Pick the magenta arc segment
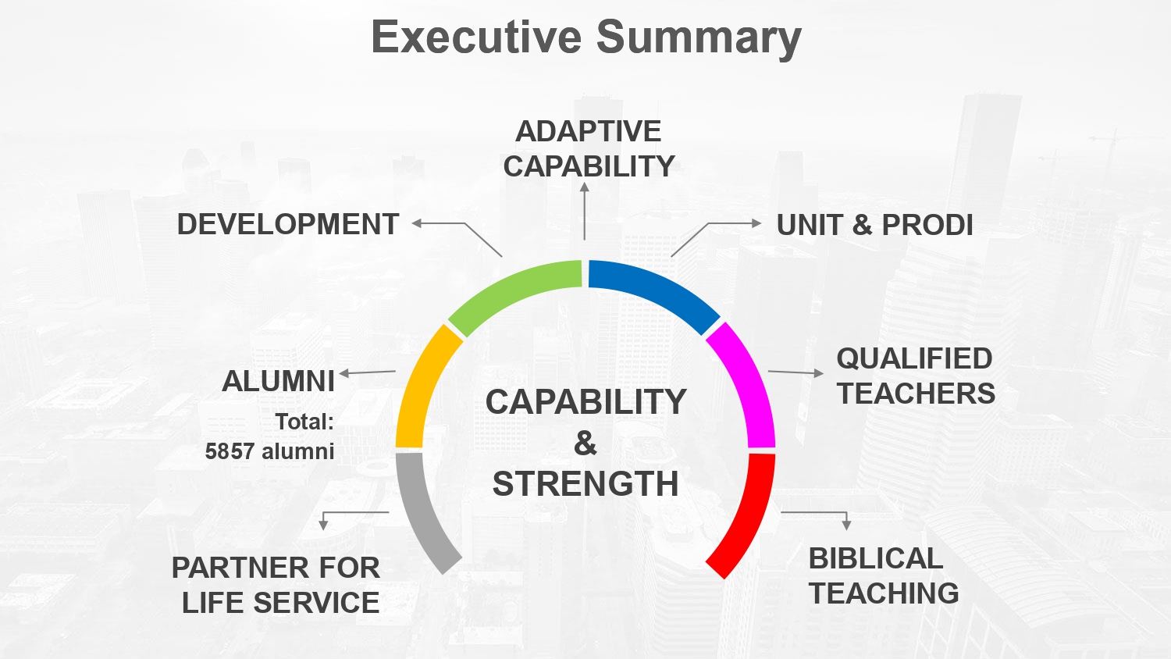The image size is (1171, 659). (x=746, y=385)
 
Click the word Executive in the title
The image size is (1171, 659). (x=476, y=37)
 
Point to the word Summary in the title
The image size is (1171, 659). (x=699, y=39)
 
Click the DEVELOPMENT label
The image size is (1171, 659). (x=288, y=224)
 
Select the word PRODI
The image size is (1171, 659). (x=927, y=225)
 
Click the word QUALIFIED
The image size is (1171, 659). (x=914, y=359)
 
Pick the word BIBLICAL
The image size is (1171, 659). (x=876, y=558)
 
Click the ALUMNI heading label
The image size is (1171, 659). (x=278, y=381)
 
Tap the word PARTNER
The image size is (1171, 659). (x=237, y=568)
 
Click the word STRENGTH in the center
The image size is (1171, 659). (x=585, y=484)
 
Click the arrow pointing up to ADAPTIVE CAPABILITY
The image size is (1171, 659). (x=585, y=211)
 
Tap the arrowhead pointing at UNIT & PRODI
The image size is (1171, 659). (x=756, y=223)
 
